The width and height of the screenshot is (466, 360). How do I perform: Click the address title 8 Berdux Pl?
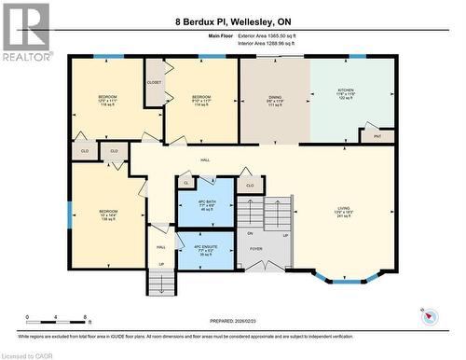click(x=232, y=21)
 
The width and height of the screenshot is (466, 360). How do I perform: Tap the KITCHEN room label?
click(x=346, y=95)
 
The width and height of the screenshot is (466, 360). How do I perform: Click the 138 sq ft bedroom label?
click(x=109, y=215)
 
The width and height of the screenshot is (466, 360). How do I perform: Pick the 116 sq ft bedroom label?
click(x=107, y=100)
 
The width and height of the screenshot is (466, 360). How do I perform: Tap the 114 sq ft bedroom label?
click(x=201, y=100)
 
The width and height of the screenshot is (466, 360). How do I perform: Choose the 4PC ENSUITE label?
click(x=204, y=248)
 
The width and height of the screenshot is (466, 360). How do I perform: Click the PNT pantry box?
click(x=377, y=137)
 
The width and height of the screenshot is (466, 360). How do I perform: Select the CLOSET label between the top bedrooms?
click(x=155, y=83)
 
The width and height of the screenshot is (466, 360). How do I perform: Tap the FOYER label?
click(x=255, y=249)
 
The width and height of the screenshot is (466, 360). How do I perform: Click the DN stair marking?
click(x=250, y=233)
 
